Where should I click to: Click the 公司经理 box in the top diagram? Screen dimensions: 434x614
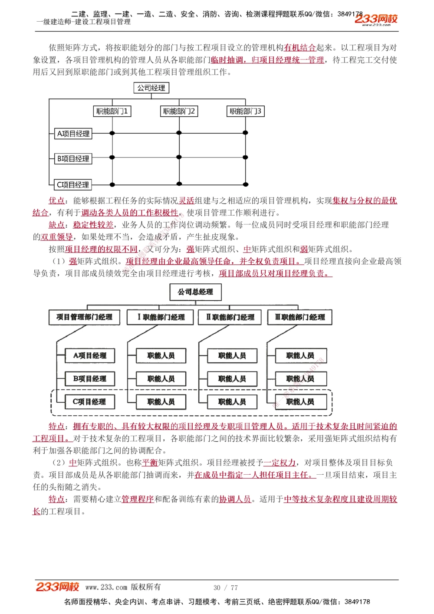(x=151, y=88)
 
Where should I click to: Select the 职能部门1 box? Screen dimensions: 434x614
(x=112, y=112)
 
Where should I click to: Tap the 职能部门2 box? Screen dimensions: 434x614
(x=179, y=112)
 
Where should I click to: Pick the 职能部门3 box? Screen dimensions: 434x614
(x=245, y=112)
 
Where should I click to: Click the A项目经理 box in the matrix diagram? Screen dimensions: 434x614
(x=73, y=134)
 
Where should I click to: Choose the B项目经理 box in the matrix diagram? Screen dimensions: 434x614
(x=73, y=159)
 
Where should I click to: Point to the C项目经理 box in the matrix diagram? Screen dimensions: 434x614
(x=73, y=185)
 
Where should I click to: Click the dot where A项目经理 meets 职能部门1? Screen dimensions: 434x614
(x=112, y=133)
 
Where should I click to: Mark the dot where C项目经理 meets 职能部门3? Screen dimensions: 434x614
(x=246, y=184)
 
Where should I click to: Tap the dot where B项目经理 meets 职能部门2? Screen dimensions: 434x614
(x=179, y=158)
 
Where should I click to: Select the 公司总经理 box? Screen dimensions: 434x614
(x=195, y=292)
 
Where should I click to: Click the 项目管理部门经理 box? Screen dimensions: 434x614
(x=84, y=317)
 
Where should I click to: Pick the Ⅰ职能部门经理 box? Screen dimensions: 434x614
(x=161, y=317)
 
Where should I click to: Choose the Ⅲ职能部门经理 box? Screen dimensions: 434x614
(x=300, y=317)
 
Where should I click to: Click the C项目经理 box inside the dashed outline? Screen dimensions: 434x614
(x=90, y=402)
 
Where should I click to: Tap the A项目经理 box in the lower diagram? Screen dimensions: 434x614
(x=90, y=355)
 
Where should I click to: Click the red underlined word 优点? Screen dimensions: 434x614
(x=56, y=200)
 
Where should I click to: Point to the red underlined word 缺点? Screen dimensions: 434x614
(x=56, y=225)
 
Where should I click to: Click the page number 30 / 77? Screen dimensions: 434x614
(x=226, y=588)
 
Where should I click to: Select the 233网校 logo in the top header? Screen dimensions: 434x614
(x=376, y=19)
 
